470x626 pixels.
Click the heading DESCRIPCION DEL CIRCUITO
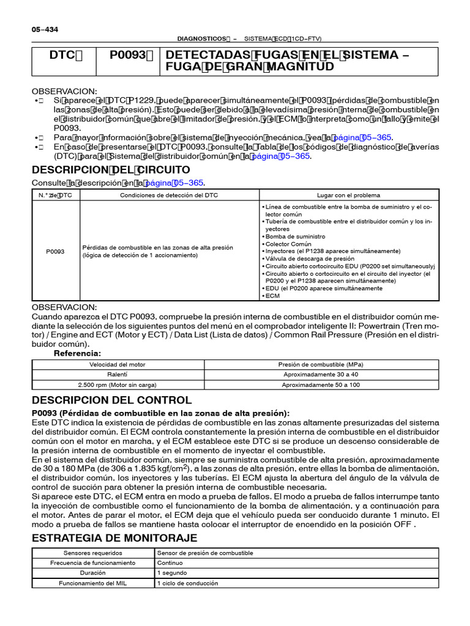pyautogui.click(x=111, y=169)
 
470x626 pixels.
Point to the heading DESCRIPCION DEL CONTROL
pyautogui.click(x=111, y=400)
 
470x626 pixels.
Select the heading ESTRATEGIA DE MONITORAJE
pyautogui.click(x=114, y=538)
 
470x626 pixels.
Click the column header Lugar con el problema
pyautogui.click(x=348, y=195)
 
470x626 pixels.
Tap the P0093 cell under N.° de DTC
pyautogui.click(x=56, y=251)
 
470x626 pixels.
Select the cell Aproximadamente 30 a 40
pyautogui.click(x=321, y=375)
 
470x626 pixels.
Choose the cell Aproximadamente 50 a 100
pyautogui.click(x=321, y=385)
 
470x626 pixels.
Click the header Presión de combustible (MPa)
pyautogui.click(x=321, y=364)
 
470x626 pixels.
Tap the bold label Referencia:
pyautogui.click(x=77, y=353)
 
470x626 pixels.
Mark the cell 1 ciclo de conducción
pyautogui.click(x=187, y=584)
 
